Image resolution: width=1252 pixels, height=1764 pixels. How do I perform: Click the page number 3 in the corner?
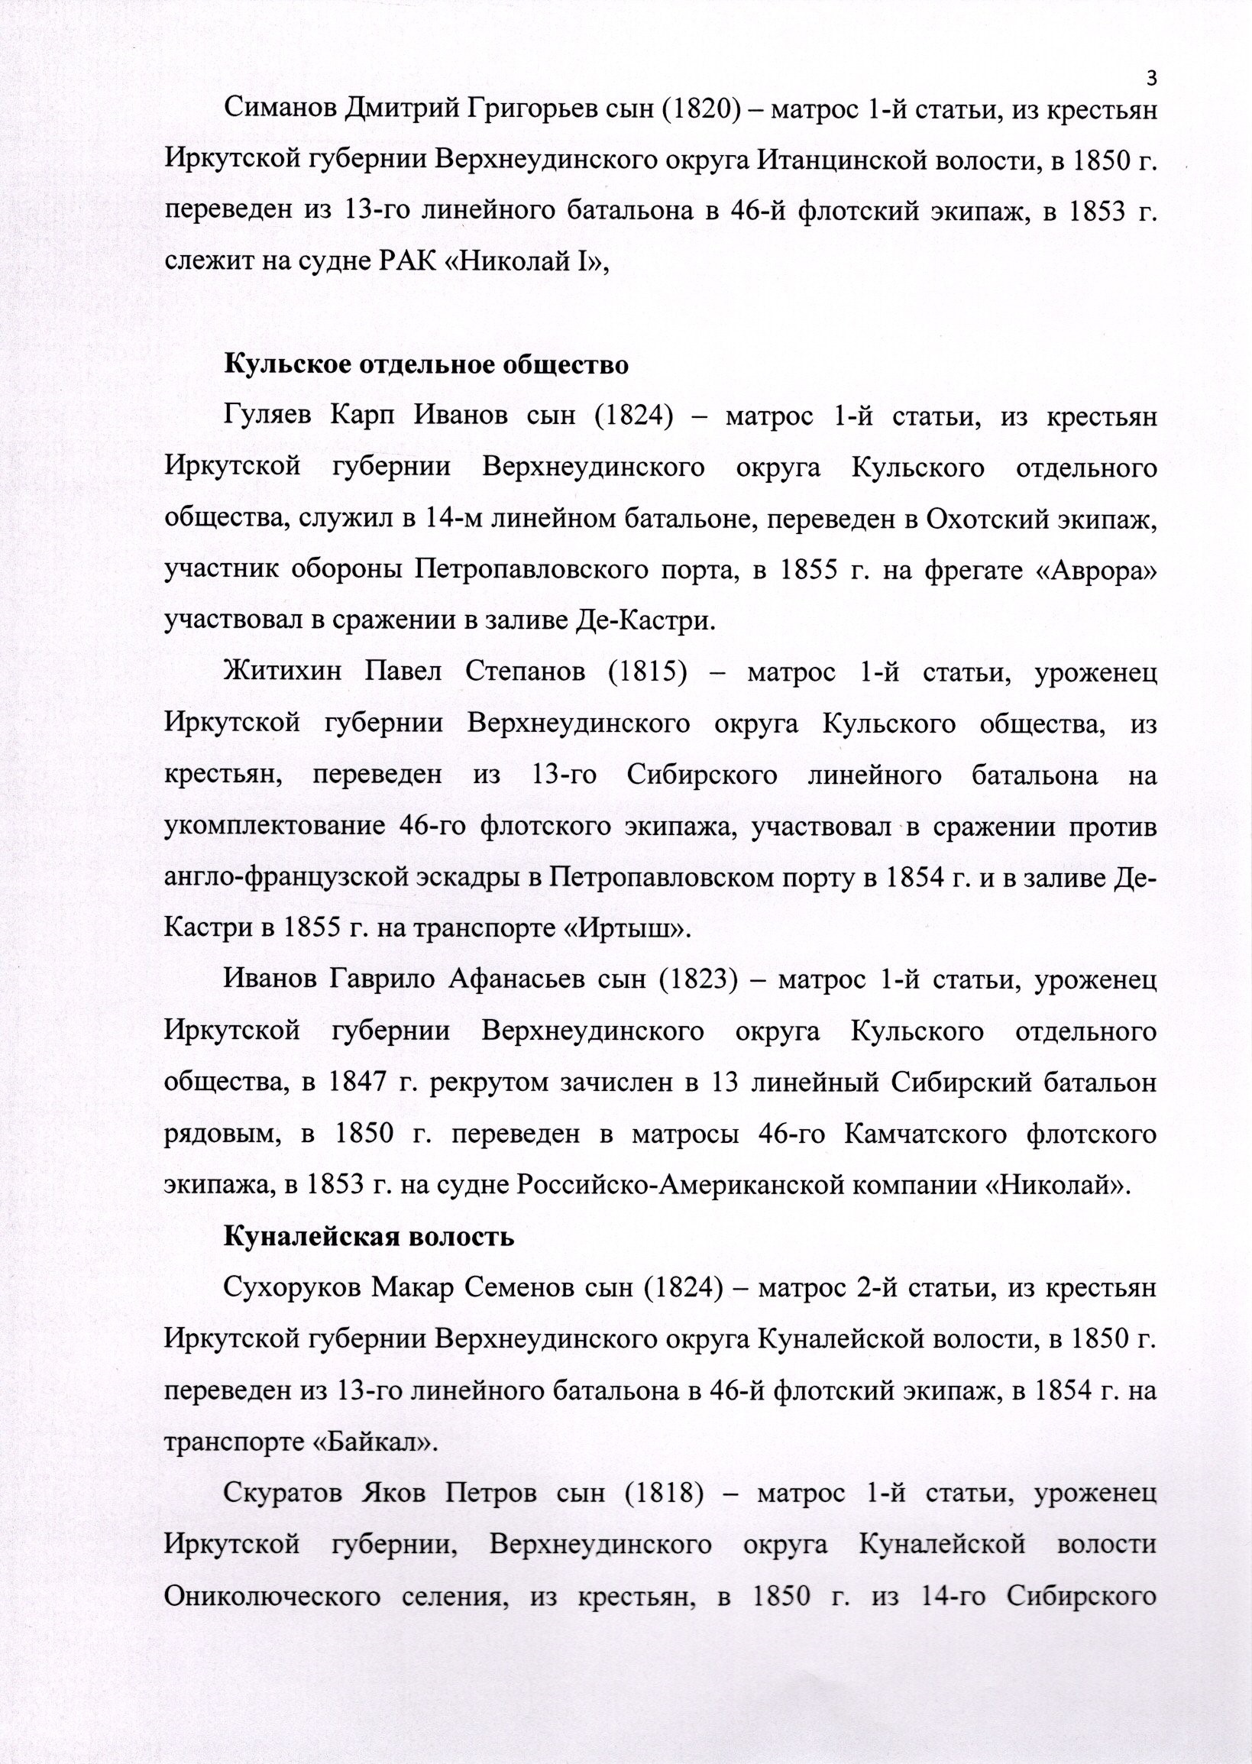coord(1153,77)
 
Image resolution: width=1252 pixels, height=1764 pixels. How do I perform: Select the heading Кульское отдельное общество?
coord(425,364)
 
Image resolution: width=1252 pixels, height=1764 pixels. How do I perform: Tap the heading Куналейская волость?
coord(367,1238)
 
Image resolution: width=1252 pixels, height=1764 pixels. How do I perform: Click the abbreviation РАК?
coord(409,264)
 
